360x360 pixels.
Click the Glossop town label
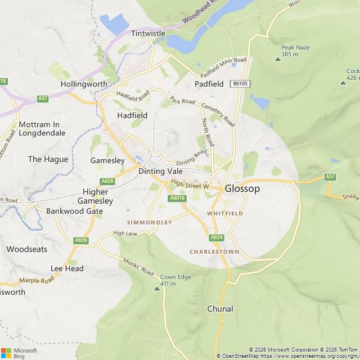(242, 188)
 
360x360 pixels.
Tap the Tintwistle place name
(148, 33)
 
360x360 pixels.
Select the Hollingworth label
(84, 84)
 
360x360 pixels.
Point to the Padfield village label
(209, 84)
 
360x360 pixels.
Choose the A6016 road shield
(177, 198)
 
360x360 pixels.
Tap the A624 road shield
(217, 237)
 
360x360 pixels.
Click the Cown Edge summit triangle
(157, 289)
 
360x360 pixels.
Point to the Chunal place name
(220, 309)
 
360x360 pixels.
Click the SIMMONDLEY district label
(149, 223)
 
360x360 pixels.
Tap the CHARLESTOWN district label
(214, 251)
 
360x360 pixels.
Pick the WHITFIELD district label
(225, 214)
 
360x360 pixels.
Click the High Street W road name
(190, 184)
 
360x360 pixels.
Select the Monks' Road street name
(138, 266)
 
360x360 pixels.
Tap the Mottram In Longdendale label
(42, 129)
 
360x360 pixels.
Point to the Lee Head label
(67, 268)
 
